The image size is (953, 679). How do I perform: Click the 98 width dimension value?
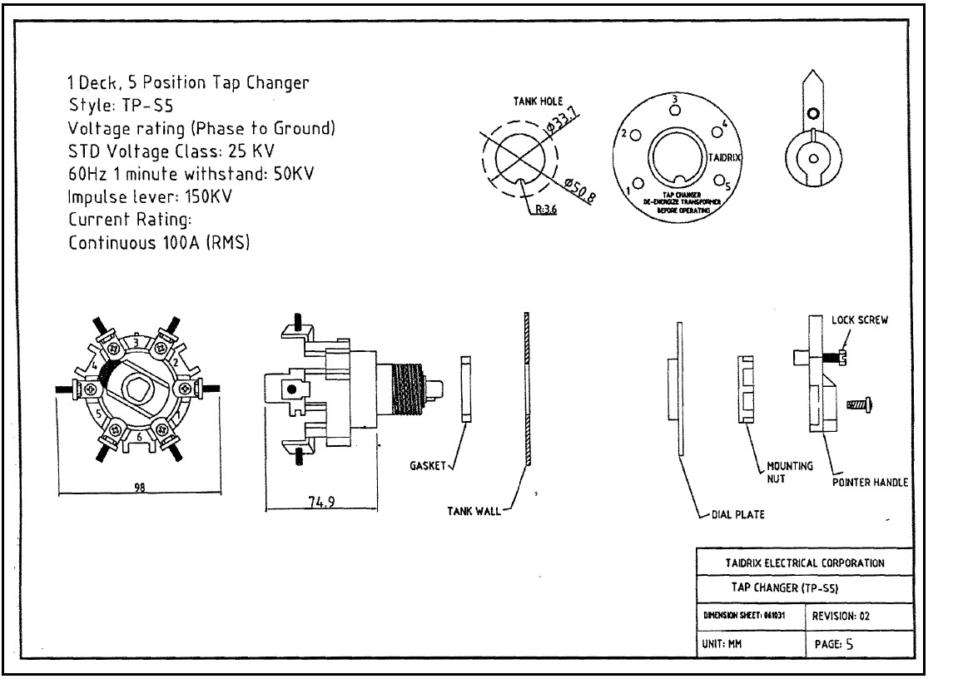tap(139, 488)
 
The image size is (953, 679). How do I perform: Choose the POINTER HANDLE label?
tap(869, 481)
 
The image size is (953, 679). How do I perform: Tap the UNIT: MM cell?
tap(722, 643)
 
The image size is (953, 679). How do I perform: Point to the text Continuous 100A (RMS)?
tap(159, 244)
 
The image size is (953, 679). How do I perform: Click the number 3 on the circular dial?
tap(676, 99)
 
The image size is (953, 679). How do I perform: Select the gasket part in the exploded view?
tap(466, 388)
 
